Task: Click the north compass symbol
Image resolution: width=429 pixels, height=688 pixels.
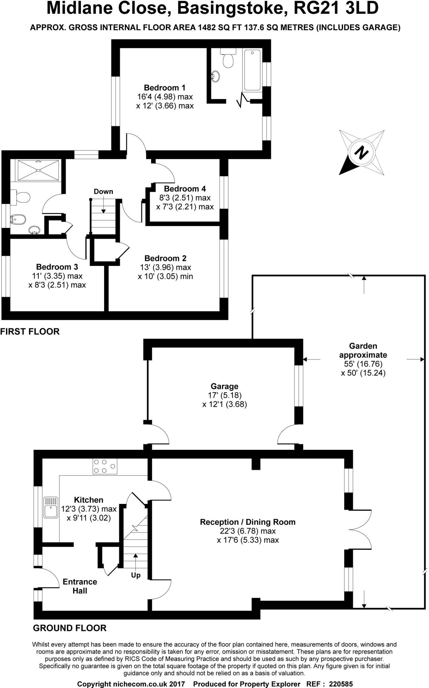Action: pyautogui.click(x=361, y=153)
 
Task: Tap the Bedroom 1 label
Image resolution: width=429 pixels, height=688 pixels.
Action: pyautogui.click(x=164, y=88)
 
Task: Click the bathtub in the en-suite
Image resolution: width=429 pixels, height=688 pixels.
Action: pyautogui.click(x=252, y=70)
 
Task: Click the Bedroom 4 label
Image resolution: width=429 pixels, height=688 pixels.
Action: pyautogui.click(x=185, y=189)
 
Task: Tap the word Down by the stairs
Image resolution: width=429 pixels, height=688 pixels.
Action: pyautogui.click(x=103, y=191)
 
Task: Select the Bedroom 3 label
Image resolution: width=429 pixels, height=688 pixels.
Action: pyautogui.click(x=57, y=267)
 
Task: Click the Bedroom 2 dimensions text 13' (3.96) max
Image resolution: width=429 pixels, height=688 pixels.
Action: pyautogui.click(x=166, y=267)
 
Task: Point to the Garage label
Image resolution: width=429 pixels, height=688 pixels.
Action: pyautogui.click(x=224, y=386)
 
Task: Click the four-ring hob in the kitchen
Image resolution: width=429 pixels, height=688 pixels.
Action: pyautogui.click(x=105, y=466)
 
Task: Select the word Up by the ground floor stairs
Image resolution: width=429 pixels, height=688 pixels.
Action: pyautogui.click(x=136, y=575)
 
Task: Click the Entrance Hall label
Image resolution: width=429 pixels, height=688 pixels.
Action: pyautogui.click(x=80, y=586)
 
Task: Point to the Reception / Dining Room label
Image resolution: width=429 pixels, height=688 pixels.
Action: pyautogui.click(x=248, y=522)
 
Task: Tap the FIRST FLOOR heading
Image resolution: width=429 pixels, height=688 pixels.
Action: pyautogui.click(x=30, y=332)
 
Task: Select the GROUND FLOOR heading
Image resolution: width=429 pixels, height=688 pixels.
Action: pyautogui.click(x=70, y=628)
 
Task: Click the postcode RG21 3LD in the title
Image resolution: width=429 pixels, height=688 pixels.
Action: pyautogui.click(x=336, y=8)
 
